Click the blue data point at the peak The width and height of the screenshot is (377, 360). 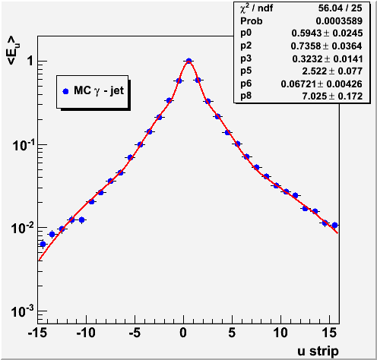point(188,61)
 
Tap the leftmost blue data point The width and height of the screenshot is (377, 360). point(43,244)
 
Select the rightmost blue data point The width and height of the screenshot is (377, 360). point(334,225)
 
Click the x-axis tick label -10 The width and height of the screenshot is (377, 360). point(86,333)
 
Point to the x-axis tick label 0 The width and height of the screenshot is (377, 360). point(183,333)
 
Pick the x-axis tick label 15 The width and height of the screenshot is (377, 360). point(329,333)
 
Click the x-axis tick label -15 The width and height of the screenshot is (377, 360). point(37,333)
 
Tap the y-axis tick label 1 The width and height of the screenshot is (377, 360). point(30,61)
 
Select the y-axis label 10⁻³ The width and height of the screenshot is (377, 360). point(23,311)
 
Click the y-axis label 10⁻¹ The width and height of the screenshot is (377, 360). point(23,145)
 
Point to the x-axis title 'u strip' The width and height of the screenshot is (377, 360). point(318,352)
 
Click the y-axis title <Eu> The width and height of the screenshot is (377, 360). point(14,51)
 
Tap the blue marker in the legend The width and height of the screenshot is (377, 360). point(65,91)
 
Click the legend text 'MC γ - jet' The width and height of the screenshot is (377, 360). point(99,90)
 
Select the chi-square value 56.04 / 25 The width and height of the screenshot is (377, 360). point(340,8)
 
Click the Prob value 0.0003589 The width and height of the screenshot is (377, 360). point(339,21)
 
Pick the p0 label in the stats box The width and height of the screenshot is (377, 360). point(246,33)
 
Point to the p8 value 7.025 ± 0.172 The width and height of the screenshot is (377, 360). point(332,96)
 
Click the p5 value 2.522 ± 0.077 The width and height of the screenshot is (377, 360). point(332,71)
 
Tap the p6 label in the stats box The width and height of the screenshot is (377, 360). point(246,84)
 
